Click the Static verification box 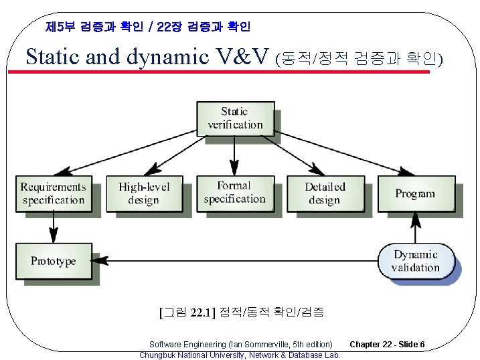tap(234, 118)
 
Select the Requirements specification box tap(53, 193)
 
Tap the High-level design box tap(144, 193)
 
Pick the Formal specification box tap(234, 193)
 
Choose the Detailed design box tap(325, 193)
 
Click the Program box tap(415, 193)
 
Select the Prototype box tap(53, 261)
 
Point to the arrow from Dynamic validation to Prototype tap(234, 261)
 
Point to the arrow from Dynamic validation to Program tap(416, 228)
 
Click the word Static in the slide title tap(53, 57)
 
